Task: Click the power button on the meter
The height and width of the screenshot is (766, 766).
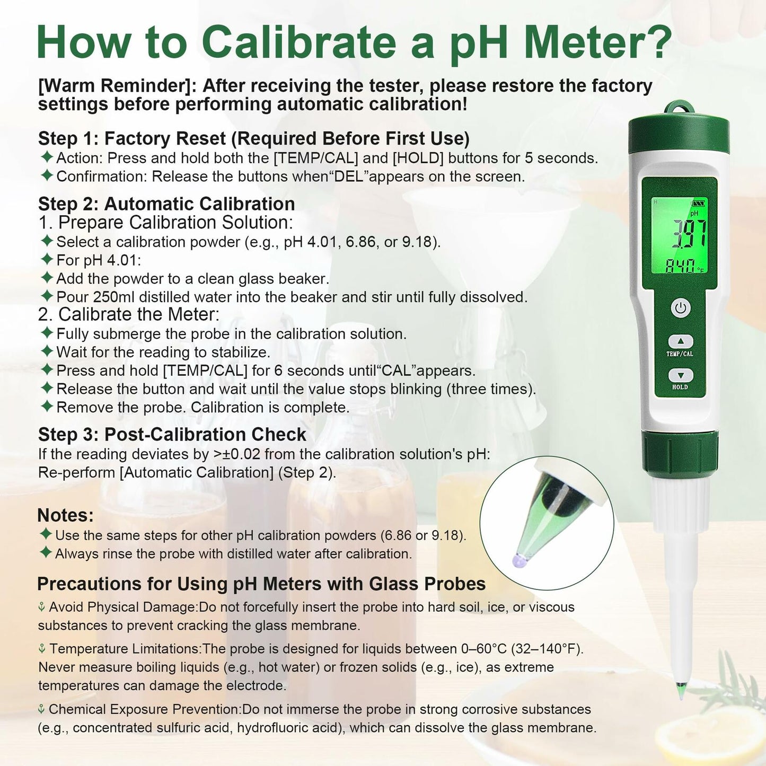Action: tap(681, 308)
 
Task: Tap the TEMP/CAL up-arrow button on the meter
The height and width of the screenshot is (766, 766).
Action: tap(681, 341)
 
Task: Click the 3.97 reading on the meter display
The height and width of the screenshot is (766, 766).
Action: tap(689, 234)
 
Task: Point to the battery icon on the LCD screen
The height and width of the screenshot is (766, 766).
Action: tap(699, 202)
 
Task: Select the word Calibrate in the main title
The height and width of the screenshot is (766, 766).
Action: tap(299, 42)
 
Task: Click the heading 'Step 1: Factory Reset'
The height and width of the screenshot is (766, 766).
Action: tap(253, 139)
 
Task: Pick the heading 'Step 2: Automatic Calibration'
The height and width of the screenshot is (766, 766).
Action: tap(166, 204)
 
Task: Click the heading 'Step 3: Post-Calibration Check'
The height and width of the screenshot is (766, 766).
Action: tap(172, 435)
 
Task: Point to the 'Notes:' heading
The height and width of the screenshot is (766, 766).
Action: tap(65, 515)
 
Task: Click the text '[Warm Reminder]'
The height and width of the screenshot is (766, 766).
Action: tap(118, 86)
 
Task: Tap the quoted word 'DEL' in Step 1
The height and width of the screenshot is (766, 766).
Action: tap(348, 177)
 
